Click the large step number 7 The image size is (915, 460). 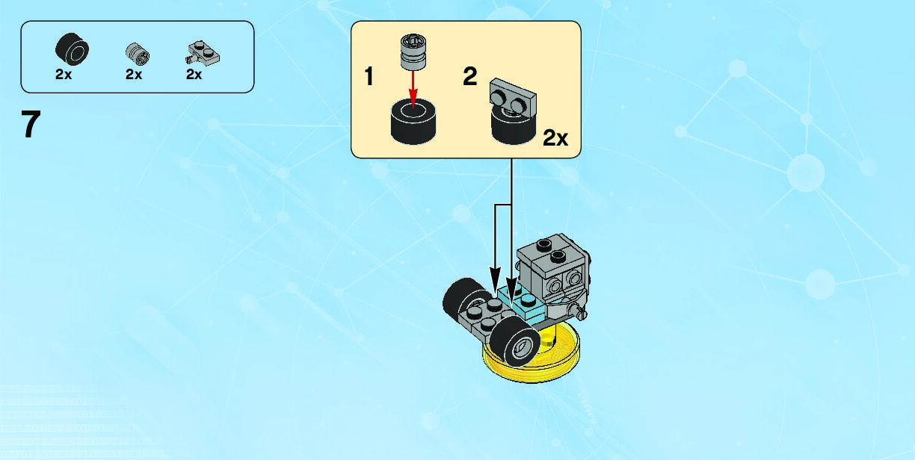click(x=30, y=125)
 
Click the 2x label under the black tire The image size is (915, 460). click(x=64, y=75)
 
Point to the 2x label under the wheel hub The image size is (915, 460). click(x=134, y=75)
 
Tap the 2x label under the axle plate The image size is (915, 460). click(x=194, y=75)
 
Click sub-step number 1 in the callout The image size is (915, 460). click(x=369, y=76)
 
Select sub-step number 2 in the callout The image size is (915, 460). click(x=469, y=76)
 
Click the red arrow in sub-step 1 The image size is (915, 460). click(x=413, y=86)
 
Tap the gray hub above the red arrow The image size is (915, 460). click(x=412, y=51)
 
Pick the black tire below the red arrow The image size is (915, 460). click(x=413, y=122)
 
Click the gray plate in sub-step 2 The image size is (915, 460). click(x=514, y=95)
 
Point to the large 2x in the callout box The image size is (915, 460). click(x=555, y=137)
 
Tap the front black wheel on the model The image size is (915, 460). click(x=516, y=344)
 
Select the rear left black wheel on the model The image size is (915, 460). click(x=462, y=296)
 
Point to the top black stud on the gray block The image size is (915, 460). click(x=544, y=243)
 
